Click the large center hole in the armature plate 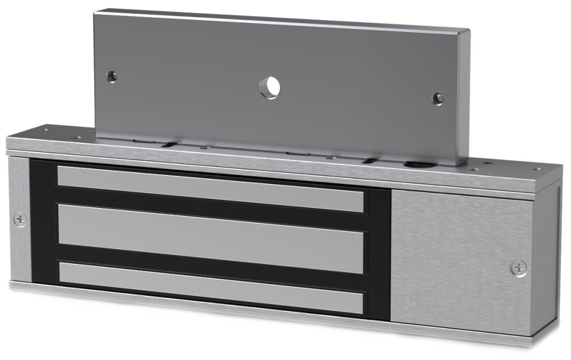(270, 86)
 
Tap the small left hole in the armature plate (111, 75)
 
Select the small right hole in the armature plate (437, 98)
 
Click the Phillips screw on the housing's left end (20, 218)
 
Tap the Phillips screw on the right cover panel (519, 267)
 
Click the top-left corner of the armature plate (96, 10)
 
